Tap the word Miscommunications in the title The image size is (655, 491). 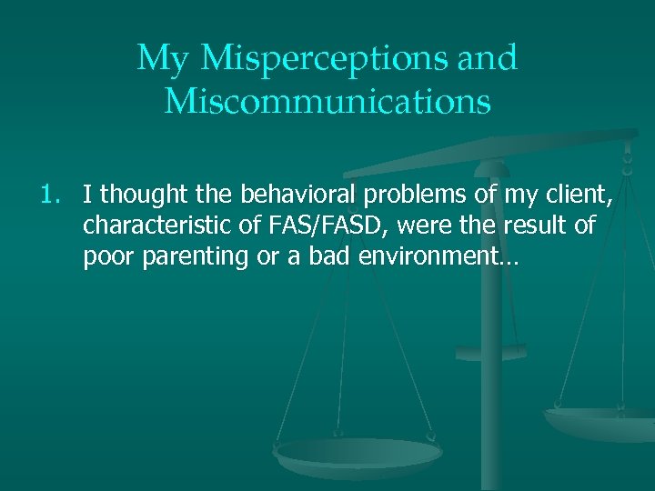coord(327,102)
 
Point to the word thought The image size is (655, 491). coord(141,194)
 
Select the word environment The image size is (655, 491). coord(432,257)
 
